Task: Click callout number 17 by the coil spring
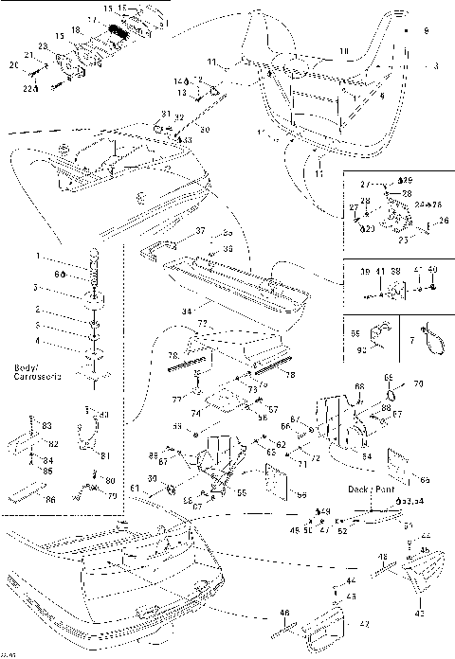(x=91, y=19)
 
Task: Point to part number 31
(x=165, y=114)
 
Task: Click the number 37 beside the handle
(x=200, y=230)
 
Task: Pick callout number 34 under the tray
(x=186, y=310)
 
